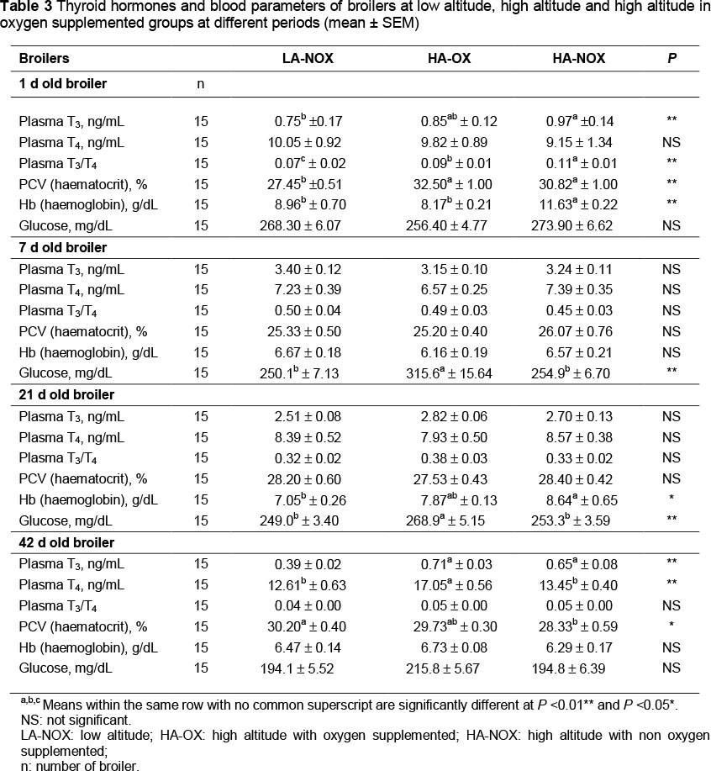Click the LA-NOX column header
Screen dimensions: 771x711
[310, 59]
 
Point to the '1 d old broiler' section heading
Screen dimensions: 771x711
[63, 84]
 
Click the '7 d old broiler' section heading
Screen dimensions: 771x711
[63, 248]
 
